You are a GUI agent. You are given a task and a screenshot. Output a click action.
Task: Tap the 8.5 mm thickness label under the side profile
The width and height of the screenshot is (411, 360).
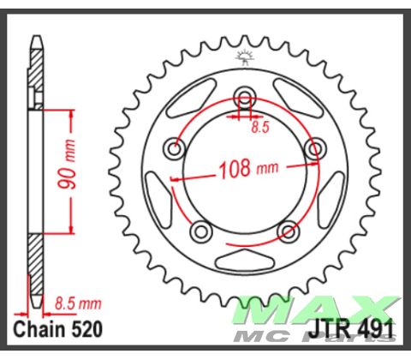click(x=77, y=303)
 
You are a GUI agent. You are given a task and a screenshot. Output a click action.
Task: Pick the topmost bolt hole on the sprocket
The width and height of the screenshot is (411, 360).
click(x=246, y=96)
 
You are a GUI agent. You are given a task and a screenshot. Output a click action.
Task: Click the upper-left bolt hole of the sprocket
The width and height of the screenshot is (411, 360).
click(x=176, y=151)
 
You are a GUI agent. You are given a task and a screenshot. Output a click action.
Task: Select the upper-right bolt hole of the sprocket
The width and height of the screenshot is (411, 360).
click(x=316, y=151)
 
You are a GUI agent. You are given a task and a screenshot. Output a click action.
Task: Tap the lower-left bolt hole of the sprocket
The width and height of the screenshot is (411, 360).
click(x=202, y=231)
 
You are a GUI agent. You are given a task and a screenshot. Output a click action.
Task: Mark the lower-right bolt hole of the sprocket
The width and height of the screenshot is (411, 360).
click(x=289, y=231)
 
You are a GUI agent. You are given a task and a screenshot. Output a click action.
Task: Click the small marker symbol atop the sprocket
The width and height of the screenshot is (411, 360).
click(x=246, y=59)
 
